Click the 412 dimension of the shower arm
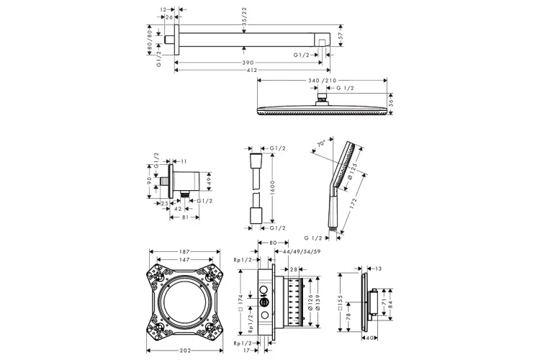point(252,71)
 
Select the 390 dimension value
point(248,63)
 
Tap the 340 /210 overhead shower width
point(323,81)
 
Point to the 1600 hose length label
point(272,187)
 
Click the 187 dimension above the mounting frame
point(184,252)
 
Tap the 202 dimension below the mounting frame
point(185,351)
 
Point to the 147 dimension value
point(184,259)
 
